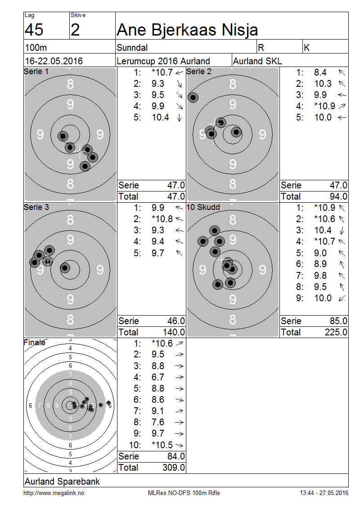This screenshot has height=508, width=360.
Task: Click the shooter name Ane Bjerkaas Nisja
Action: [x=187, y=30]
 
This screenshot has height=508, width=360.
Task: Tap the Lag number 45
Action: [x=34, y=30]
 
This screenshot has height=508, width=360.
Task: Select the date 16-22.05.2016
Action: [x=54, y=61]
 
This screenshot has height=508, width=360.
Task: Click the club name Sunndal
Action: [x=132, y=48]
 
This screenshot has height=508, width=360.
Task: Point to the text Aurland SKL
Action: [x=257, y=61]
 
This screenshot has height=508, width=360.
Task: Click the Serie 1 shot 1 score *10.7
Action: [x=162, y=72]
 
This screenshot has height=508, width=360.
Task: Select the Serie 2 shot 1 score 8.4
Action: [x=320, y=72]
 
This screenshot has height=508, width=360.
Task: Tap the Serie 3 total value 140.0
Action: [x=174, y=332]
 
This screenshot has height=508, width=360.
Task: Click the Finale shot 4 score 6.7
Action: [x=158, y=377]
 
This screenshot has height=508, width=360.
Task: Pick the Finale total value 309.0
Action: [x=174, y=468]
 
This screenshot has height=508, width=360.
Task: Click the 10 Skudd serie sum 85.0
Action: [x=338, y=321]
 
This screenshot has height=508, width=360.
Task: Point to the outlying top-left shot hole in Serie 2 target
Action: [x=193, y=98]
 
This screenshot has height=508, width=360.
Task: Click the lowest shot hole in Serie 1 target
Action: [x=85, y=166]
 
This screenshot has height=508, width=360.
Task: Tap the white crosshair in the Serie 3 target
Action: [x=47, y=260]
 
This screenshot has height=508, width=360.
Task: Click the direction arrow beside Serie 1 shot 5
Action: [x=180, y=118]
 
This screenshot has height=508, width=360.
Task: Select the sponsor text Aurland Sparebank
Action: [x=62, y=481]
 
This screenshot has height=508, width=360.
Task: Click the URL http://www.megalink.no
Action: [x=54, y=493]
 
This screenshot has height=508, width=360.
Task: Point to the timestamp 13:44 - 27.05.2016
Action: [x=324, y=493]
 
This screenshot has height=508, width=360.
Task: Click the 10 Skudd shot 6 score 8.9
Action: [x=320, y=264]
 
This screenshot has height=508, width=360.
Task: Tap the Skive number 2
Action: [x=75, y=30]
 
